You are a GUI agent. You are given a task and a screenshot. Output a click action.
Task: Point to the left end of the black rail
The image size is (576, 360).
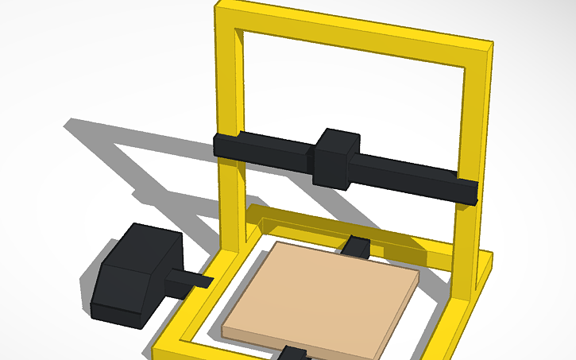226,146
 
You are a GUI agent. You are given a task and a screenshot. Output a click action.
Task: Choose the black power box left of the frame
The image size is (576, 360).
131,274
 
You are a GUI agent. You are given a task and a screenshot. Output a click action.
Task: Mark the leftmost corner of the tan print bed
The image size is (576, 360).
224,327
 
